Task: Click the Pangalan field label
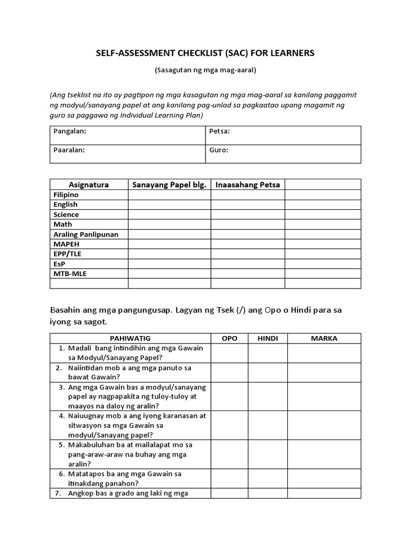(70, 131)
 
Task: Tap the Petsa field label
(219, 131)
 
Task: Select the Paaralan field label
(69, 150)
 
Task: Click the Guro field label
(219, 150)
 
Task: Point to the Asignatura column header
(89, 185)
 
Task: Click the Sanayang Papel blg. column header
(169, 185)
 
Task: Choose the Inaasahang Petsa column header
(248, 185)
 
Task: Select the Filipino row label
(66, 195)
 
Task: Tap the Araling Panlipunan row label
(86, 234)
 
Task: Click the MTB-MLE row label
(70, 273)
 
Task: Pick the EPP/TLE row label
(67, 254)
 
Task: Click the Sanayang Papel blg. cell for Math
(169, 224)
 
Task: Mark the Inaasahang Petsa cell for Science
(247, 215)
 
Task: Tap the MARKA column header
(324, 338)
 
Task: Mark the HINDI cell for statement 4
(268, 425)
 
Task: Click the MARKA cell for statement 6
(324, 478)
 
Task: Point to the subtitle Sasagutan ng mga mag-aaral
(205, 70)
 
